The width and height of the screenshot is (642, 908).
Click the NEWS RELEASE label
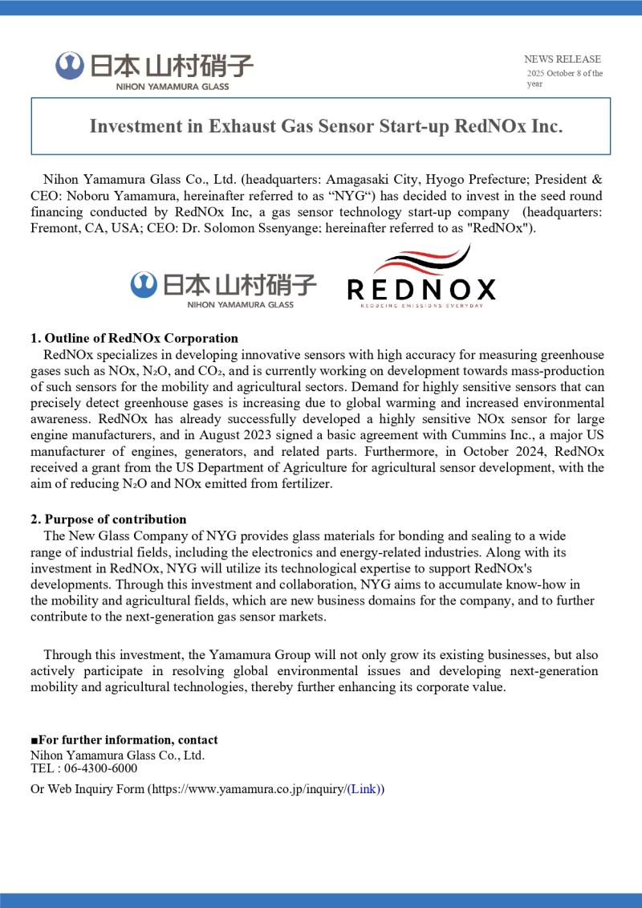(562, 59)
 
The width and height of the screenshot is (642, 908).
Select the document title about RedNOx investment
(326, 127)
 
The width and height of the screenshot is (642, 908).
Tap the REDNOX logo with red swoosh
(421, 278)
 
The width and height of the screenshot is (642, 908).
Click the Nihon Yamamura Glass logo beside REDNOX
(223, 288)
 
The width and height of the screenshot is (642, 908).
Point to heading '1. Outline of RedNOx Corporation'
(134, 338)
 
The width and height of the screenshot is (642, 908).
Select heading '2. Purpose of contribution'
(108, 519)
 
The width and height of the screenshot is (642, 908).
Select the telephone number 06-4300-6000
(94, 768)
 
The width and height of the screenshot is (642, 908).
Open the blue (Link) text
(365, 789)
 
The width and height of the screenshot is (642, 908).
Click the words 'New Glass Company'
(122, 535)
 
